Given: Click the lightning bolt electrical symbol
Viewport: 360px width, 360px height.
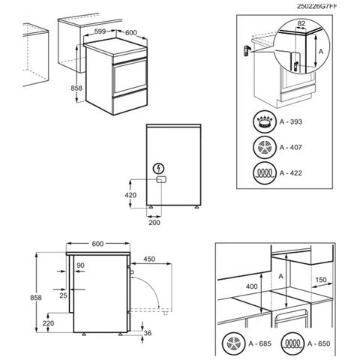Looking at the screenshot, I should point(159,169).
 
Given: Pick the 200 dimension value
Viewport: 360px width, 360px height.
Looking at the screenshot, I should point(154,222).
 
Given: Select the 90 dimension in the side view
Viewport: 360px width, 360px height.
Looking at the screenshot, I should point(80,266).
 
